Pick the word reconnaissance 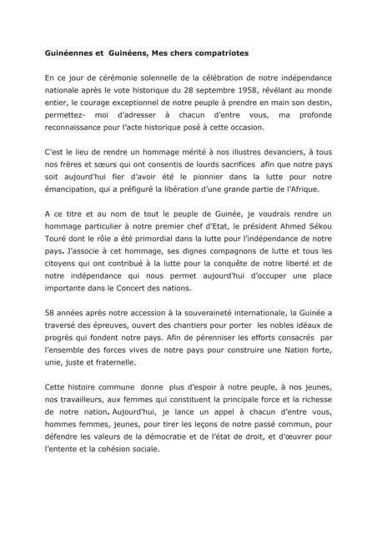click(x=78, y=128)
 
